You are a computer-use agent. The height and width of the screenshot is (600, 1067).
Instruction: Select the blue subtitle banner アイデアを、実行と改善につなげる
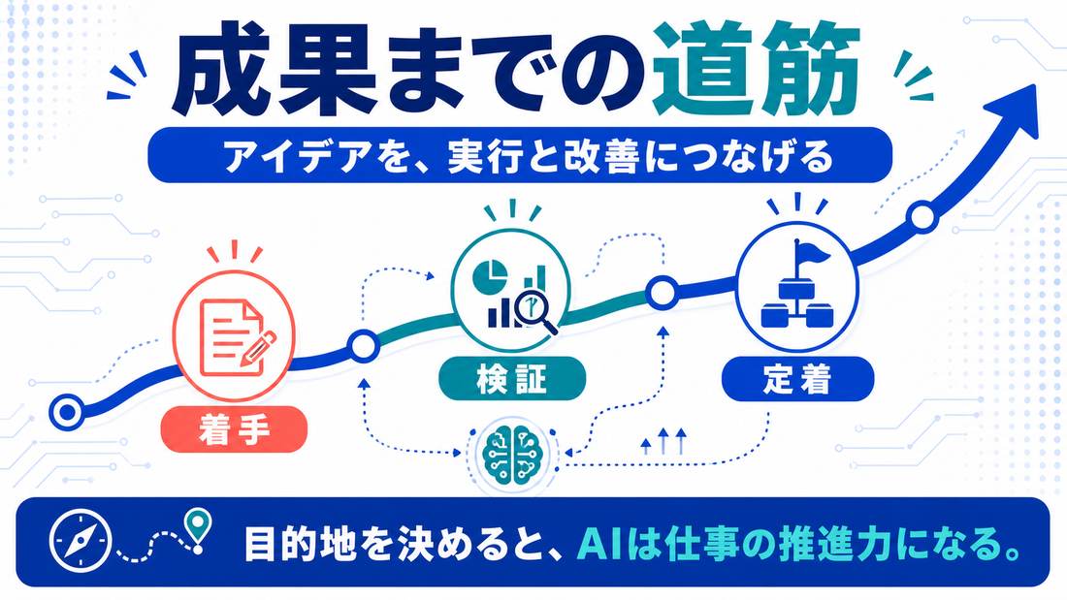pyautogui.click(x=520, y=155)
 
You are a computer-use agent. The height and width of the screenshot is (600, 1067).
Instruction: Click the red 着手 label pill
pyautogui.click(x=234, y=429)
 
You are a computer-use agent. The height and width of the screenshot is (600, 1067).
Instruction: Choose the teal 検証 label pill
pyautogui.click(x=512, y=378)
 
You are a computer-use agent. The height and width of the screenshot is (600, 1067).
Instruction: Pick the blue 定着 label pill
pyautogui.click(x=797, y=379)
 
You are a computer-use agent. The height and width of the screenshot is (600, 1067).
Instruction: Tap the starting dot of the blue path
pyautogui.click(x=67, y=412)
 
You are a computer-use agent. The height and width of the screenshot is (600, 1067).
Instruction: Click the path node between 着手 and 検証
pyautogui.click(x=364, y=347)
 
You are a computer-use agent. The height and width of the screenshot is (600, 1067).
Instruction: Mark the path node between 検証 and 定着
pyautogui.click(x=660, y=294)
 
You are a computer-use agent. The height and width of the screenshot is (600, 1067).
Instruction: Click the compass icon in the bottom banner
pyautogui.click(x=80, y=542)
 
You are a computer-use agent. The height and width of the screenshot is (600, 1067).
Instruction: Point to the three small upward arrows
pyautogui.click(x=663, y=441)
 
